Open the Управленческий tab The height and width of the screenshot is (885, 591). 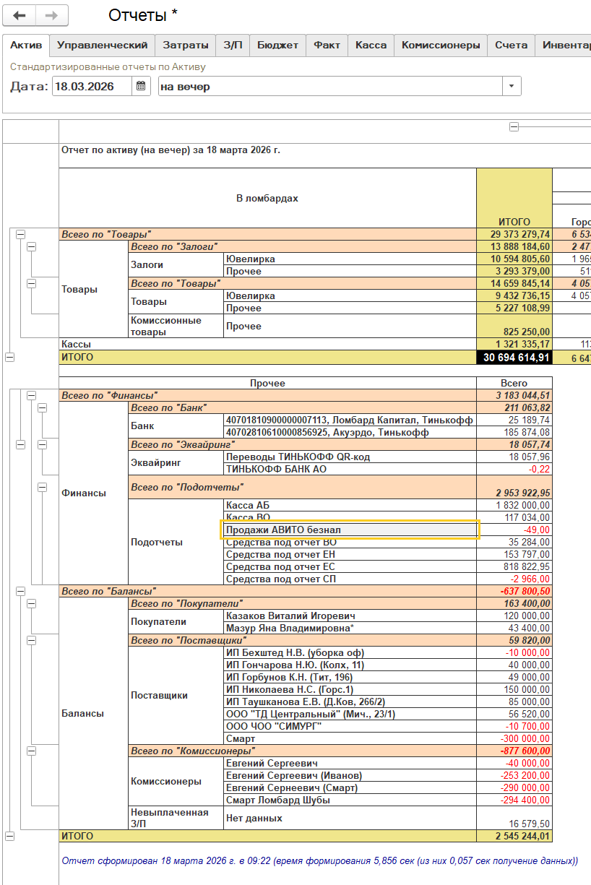[102, 45]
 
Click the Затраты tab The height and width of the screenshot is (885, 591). [185, 45]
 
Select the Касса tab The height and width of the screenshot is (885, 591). [371, 45]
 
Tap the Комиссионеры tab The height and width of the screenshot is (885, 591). [440, 45]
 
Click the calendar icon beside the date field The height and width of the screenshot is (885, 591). [141, 87]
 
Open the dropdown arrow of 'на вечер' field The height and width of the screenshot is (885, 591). [512, 87]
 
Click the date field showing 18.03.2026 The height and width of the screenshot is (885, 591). [92, 87]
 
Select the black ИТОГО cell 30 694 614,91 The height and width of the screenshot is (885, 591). [514, 357]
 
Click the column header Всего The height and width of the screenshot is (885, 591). [514, 383]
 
